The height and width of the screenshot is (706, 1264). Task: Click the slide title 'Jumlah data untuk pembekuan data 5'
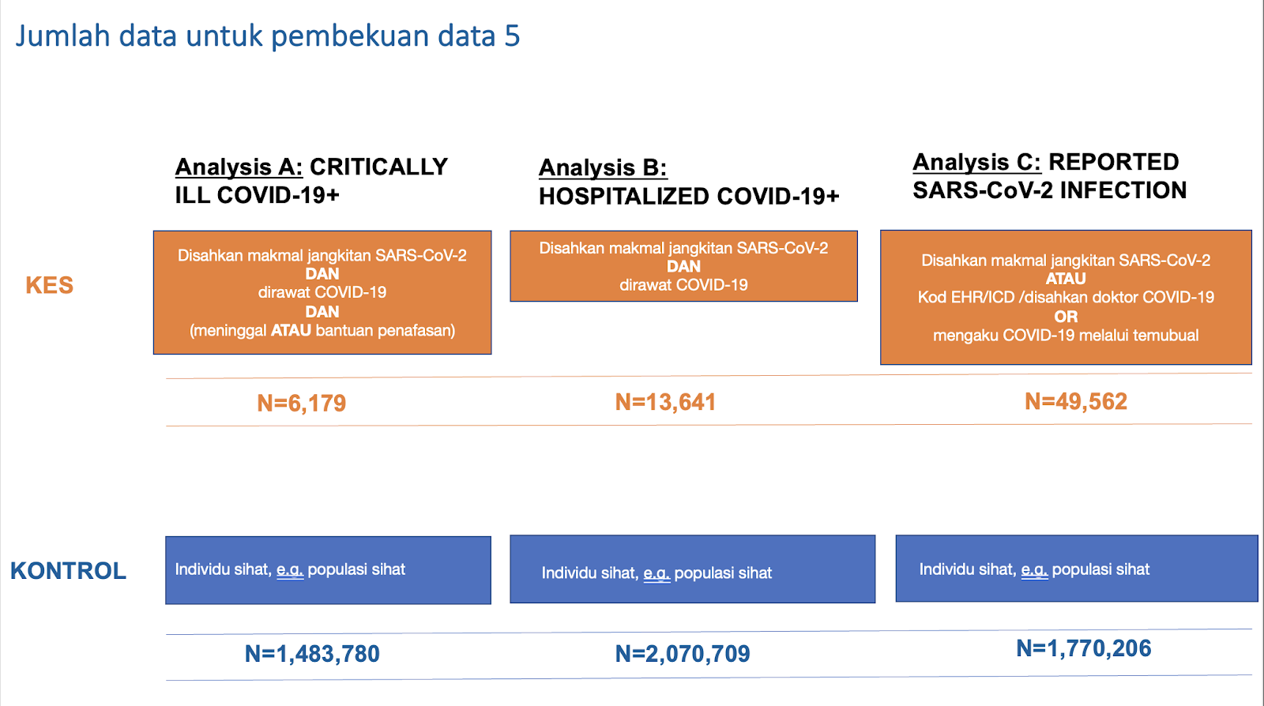point(268,36)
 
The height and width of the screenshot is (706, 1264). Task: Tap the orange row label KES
point(50,285)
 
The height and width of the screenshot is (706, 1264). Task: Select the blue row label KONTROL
point(68,571)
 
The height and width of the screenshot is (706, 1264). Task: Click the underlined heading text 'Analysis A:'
point(239,167)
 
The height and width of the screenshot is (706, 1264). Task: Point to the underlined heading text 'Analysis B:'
point(603,168)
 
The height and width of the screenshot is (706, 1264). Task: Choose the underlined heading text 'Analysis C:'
point(976,163)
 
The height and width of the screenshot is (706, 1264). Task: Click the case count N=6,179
point(301,404)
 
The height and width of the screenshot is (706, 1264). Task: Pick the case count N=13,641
point(665,402)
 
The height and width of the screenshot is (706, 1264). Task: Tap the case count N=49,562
point(1076,401)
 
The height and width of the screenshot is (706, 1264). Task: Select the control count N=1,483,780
point(312,654)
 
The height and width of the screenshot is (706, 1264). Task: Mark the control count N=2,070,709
point(683,654)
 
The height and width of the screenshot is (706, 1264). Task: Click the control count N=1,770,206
point(1083,648)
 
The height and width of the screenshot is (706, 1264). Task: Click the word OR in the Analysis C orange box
point(1066,317)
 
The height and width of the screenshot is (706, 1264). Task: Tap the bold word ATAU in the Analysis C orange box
point(1066,279)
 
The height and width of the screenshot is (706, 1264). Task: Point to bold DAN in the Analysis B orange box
point(683,267)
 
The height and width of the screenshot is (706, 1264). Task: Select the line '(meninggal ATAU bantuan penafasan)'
point(322,330)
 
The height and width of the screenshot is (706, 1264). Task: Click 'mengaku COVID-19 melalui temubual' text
point(1066,336)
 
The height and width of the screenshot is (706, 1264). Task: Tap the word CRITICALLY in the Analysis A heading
point(378,167)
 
